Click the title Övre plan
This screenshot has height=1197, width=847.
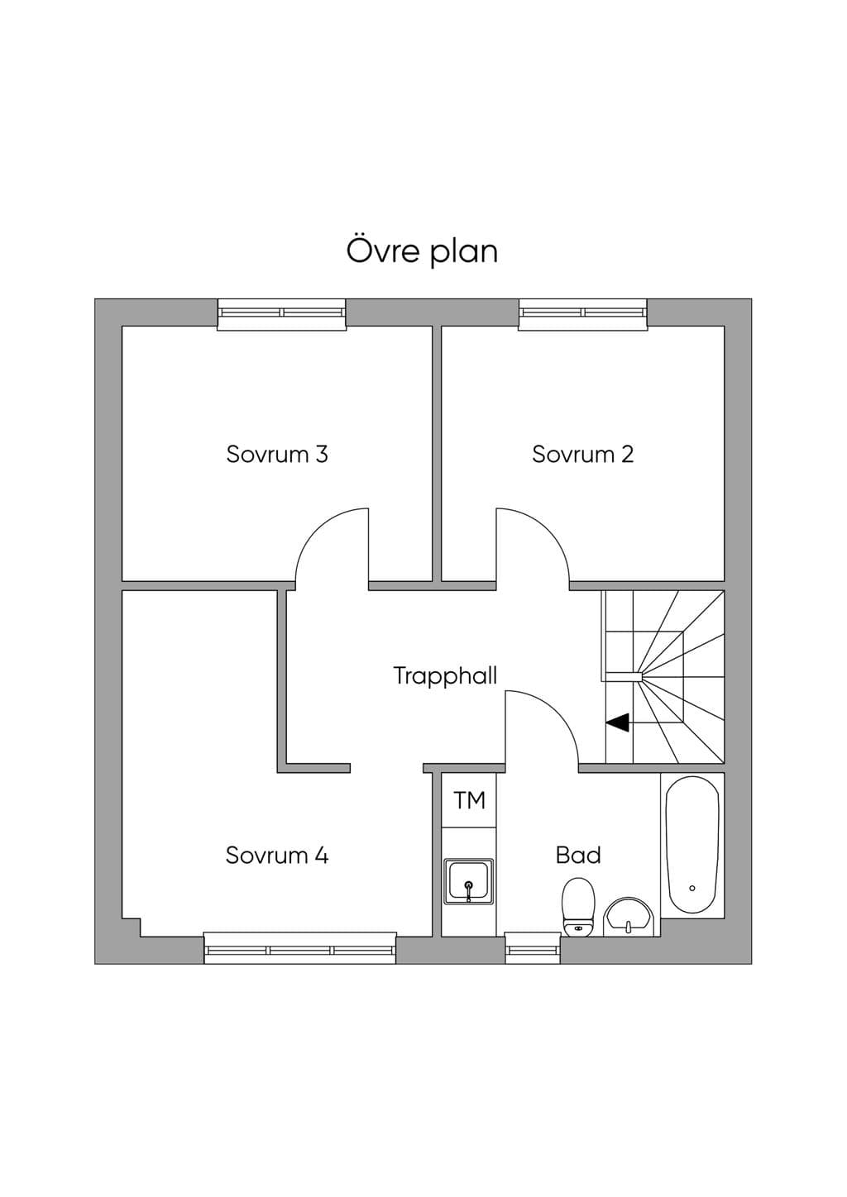(x=422, y=251)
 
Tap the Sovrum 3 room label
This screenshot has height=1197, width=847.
(x=277, y=454)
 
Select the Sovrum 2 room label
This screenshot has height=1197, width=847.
(x=583, y=454)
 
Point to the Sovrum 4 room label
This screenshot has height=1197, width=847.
(x=277, y=855)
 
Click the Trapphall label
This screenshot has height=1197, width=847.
(x=446, y=676)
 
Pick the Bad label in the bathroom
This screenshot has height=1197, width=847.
(x=578, y=855)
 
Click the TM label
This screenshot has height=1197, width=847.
(x=470, y=800)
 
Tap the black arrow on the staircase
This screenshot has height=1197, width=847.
(x=618, y=722)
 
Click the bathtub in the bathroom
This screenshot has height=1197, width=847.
(x=692, y=845)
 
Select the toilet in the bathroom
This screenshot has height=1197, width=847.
(x=578, y=907)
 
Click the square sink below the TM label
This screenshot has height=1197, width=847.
(x=468, y=889)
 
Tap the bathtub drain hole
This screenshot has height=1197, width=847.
(x=692, y=888)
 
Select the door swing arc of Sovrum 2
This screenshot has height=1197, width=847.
(x=547, y=529)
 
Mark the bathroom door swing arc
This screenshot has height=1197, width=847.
(x=556, y=711)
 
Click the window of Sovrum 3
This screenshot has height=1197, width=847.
(x=281, y=314)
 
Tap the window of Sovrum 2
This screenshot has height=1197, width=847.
(x=583, y=314)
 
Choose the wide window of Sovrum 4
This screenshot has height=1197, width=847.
(x=300, y=948)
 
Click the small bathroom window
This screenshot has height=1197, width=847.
(x=533, y=948)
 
